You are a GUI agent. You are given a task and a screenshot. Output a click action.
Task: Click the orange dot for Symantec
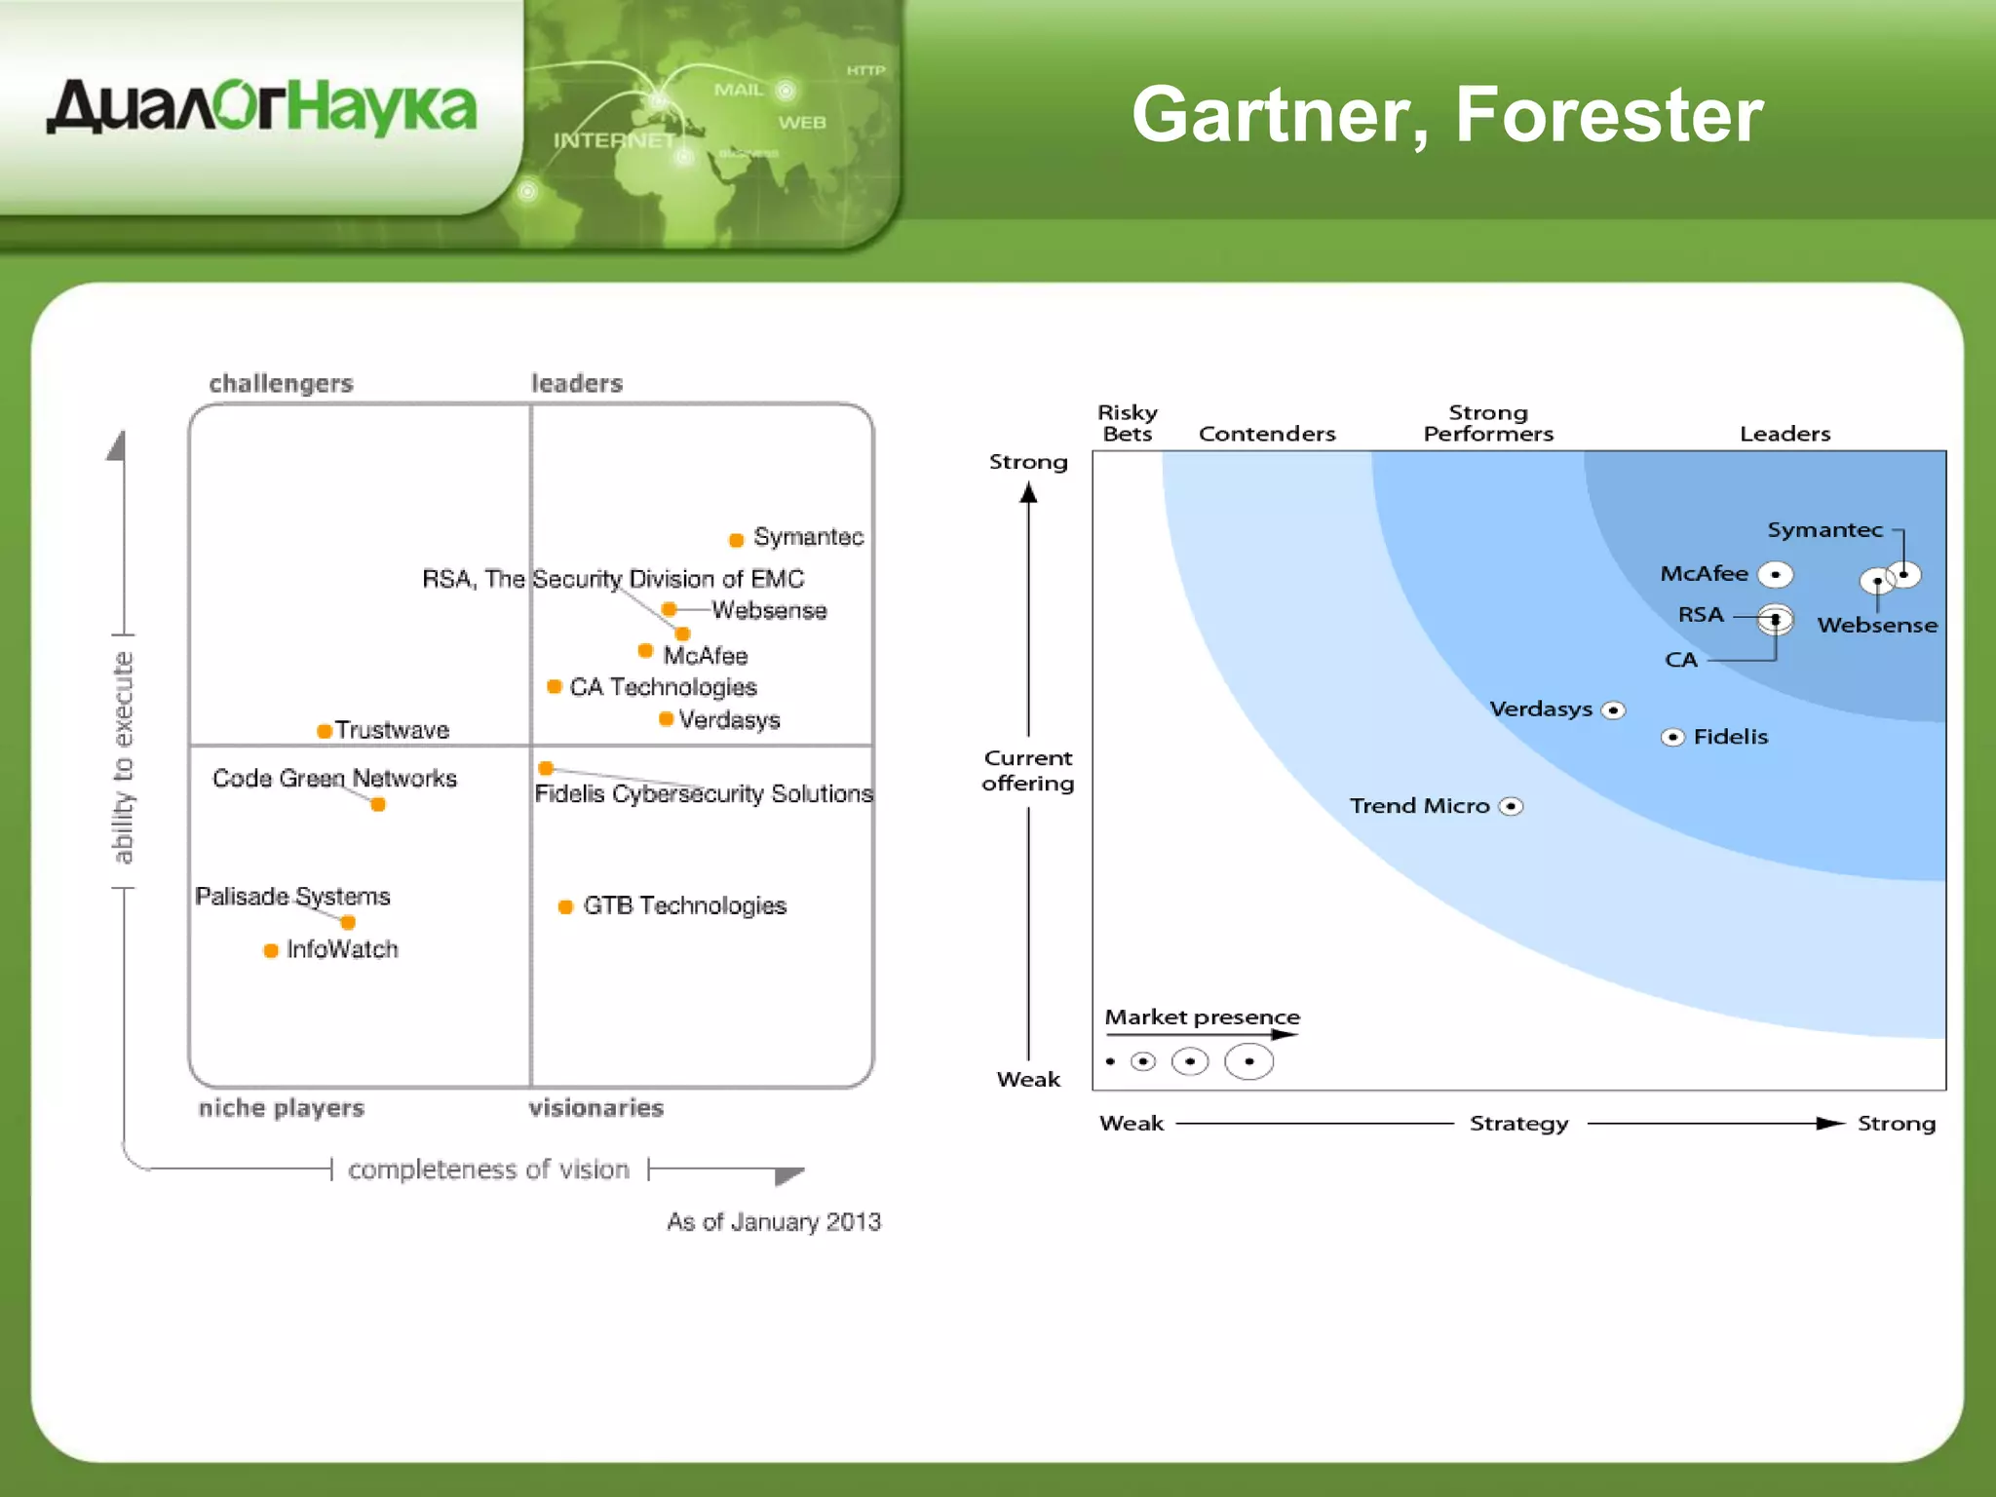(x=737, y=540)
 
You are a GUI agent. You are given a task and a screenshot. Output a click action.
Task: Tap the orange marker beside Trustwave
(x=325, y=731)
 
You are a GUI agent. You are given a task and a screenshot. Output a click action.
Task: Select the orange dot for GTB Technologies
(x=565, y=907)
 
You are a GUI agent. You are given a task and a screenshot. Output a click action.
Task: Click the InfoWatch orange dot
(x=271, y=950)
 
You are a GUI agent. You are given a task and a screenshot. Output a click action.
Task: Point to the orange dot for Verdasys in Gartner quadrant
(x=666, y=719)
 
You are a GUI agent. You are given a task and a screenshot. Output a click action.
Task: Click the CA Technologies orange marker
(x=555, y=687)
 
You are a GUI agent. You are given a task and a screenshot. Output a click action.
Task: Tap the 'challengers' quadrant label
(x=281, y=383)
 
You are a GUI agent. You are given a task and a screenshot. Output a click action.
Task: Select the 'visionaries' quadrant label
(x=595, y=1107)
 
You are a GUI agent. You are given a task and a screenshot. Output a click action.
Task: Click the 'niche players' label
(x=281, y=1107)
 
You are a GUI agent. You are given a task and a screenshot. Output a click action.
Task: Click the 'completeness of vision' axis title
(x=488, y=1169)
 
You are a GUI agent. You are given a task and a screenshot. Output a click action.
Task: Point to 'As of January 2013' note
(x=773, y=1221)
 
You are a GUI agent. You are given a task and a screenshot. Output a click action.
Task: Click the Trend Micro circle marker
(x=1511, y=806)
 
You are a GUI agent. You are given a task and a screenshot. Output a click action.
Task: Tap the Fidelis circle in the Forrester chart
(x=1672, y=737)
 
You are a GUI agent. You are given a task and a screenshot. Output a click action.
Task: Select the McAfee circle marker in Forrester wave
(x=1775, y=575)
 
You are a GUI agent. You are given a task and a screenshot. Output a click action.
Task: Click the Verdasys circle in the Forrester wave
(x=1613, y=710)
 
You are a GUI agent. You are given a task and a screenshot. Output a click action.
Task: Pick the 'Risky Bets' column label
(x=1128, y=423)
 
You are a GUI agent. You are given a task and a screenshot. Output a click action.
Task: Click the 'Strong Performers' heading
(x=1488, y=423)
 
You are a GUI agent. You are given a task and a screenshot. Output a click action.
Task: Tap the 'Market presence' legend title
(x=1202, y=1017)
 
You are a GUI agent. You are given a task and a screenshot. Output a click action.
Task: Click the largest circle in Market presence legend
(x=1248, y=1061)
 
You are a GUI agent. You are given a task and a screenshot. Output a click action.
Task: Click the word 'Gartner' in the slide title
(x=1280, y=115)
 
